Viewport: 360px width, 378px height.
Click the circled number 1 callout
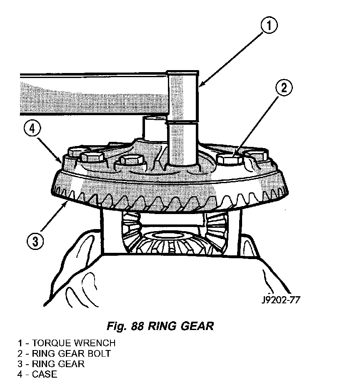269,25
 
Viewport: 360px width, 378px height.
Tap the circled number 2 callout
284,87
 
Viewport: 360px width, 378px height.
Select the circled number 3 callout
35,241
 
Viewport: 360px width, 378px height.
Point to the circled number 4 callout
32,129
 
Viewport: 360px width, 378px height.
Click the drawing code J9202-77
281,300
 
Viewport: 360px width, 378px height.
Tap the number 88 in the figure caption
137,326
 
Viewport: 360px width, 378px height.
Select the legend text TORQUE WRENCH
74,343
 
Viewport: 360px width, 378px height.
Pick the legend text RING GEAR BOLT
71,353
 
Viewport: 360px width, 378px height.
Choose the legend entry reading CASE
45,374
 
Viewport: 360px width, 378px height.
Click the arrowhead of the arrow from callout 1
201,84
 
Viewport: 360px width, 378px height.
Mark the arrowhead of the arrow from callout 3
65,205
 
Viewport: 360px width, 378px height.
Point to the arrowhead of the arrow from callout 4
59,160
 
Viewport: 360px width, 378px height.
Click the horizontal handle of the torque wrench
93,94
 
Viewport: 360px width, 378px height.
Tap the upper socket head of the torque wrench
183,96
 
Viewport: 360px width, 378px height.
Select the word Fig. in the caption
117,326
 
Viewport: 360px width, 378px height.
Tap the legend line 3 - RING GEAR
51,364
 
